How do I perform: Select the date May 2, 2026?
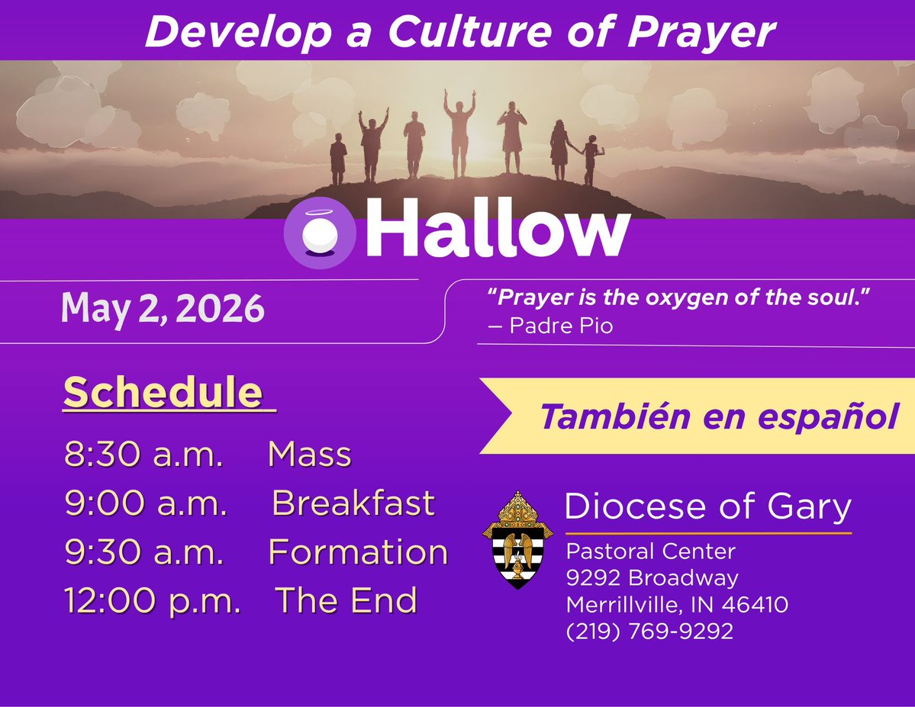[163, 309]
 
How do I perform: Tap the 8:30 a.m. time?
[144, 455]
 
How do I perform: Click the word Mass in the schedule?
[310, 455]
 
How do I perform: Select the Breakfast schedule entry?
[353, 503]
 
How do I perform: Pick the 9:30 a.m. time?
[145, 552]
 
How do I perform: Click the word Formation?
[358, 552]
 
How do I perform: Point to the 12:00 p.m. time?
[153, 600]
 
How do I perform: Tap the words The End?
[346, 600]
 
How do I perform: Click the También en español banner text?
[717, 416]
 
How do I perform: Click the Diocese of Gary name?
[707, 507]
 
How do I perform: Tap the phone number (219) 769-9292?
[649, 631]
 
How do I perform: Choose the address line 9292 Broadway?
[652, 577]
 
